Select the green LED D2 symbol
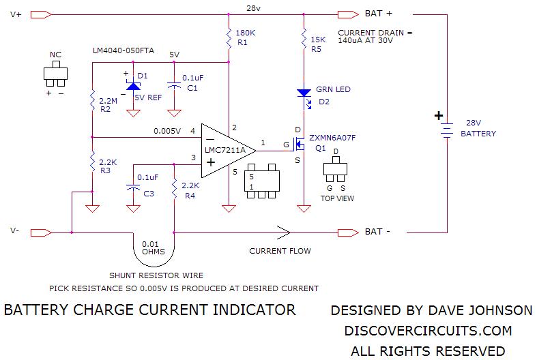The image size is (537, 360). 302,93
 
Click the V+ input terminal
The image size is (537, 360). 41,14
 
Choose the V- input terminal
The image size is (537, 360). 41,232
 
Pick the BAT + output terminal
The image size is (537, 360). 347,14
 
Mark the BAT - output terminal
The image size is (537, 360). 347,232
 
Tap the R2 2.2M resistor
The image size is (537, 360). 91,102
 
